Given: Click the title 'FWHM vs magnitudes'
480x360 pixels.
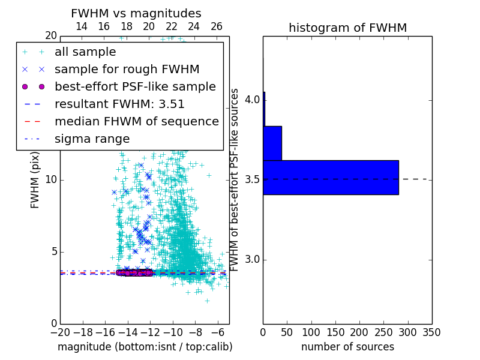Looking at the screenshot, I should [136, 14].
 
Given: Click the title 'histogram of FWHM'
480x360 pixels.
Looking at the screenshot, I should [347, 28].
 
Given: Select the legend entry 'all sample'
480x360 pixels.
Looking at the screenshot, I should [85, 52].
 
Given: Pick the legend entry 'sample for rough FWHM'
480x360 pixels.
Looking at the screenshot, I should [127, 69].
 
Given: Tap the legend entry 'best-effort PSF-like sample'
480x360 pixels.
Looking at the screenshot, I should [135, 86].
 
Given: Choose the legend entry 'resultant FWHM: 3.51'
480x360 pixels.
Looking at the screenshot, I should [119, 104].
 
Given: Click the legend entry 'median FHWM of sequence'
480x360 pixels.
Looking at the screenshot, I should [136, 121].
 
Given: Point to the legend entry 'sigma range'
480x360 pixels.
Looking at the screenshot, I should [92, 139].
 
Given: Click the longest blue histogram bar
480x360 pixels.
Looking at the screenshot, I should [331, 177].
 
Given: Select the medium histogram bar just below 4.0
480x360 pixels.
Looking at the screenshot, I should [272, 143].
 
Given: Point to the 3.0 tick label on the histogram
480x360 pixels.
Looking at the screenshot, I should [252, 260].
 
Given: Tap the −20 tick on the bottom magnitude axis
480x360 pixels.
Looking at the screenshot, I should [60, 332].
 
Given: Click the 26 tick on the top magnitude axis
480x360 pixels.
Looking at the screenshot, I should [217, 26].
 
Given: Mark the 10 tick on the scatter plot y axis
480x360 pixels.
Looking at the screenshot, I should [51, 180].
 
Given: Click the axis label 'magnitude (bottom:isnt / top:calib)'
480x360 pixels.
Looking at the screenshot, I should [145, 347].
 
